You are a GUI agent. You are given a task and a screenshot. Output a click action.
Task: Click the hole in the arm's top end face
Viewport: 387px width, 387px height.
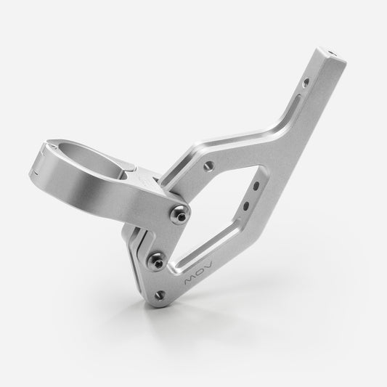click(333, 53)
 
